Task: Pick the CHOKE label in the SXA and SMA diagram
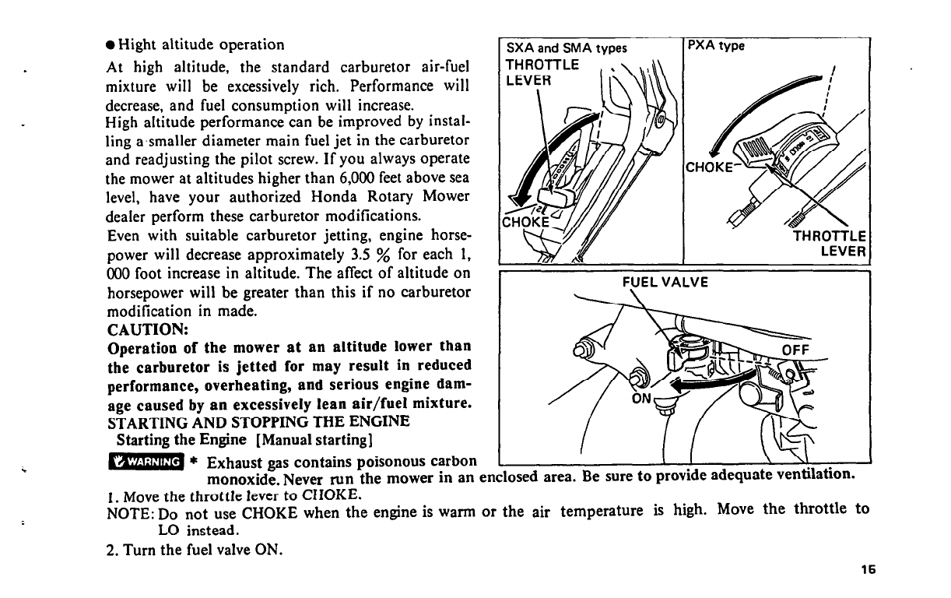[526, 221]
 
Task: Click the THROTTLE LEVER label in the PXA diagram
[830, 243]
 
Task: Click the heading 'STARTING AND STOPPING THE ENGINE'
[258, 421]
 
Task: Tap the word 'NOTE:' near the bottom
[128, 512]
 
